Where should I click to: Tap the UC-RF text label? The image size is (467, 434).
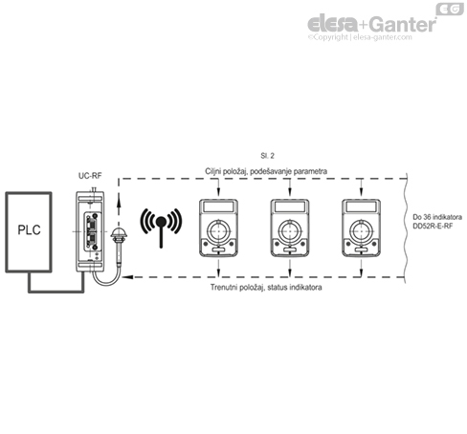[x=89, y=176]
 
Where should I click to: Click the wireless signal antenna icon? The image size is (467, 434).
[x=161, y=225]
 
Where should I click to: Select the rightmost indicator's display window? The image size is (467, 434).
[x=362, y=208]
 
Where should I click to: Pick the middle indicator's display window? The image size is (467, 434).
[x=290, y=208]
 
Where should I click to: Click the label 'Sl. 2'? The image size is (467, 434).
[x=268, y=154]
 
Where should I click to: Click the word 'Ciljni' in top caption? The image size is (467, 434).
[x=216, y=169]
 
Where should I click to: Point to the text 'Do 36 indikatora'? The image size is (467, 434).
[x=435, y=216]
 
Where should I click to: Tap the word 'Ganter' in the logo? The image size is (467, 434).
[x=399, y=24]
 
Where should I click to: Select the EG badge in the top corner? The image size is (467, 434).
[x=448, y=10]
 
